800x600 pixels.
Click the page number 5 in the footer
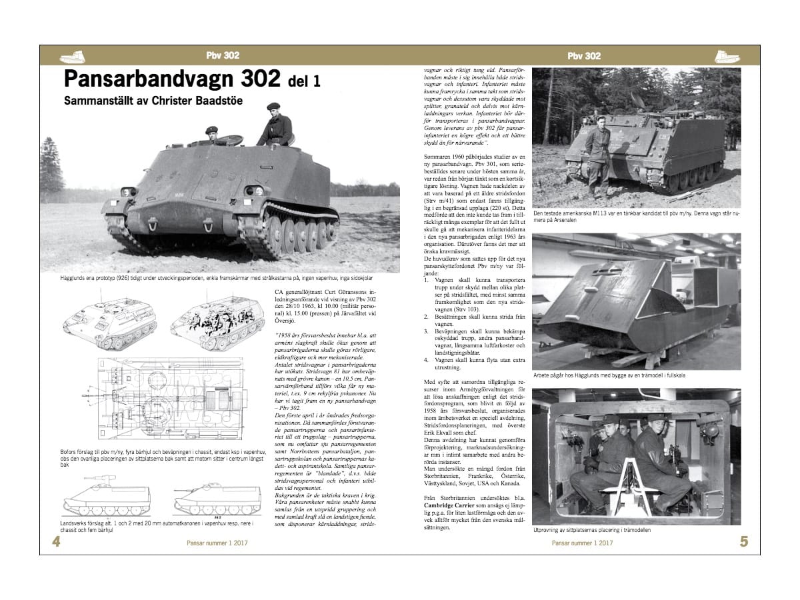point(744,541)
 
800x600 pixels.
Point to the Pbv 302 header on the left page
point(223,56)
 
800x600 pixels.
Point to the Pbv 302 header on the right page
point(584,56)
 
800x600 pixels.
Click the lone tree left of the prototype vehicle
point(52,167)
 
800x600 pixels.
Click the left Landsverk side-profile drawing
point(107,497)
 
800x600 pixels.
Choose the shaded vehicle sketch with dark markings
point(215,323)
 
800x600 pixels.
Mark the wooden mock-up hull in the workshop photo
point(627,307)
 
